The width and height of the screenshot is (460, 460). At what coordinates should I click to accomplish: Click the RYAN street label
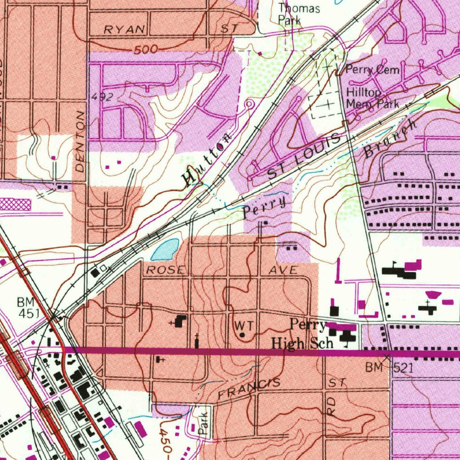125,30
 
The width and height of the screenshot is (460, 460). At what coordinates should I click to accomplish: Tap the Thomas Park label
299,14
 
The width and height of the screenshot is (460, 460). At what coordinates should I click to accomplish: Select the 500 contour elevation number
146,49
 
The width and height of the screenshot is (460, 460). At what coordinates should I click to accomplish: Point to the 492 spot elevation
102,97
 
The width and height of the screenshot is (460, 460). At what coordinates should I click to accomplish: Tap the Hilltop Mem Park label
372,98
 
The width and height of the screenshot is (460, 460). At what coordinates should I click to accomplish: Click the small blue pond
165,250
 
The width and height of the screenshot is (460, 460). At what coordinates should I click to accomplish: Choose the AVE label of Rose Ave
283,270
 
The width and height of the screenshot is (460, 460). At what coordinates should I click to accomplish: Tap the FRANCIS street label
249,389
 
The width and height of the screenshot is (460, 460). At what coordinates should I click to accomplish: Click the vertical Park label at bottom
203,423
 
